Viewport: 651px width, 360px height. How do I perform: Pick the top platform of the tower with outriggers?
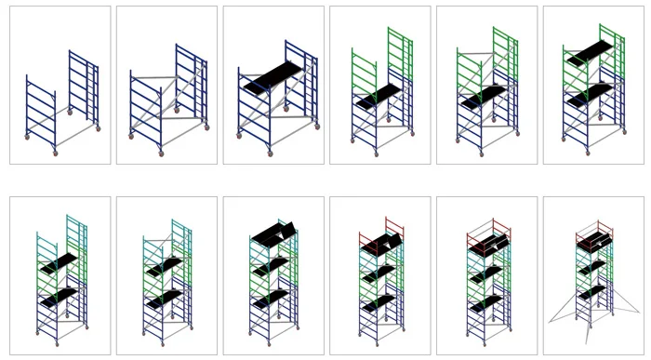[x=593, y=244]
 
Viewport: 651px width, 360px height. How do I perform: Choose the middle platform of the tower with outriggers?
[x=593, y=268]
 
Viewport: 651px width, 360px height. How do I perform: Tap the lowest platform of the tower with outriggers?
[x=593, y=291]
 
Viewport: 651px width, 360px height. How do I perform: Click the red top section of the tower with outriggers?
[x=593, y=233]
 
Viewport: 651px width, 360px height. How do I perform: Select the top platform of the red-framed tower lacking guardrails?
[x=381, y=244]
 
